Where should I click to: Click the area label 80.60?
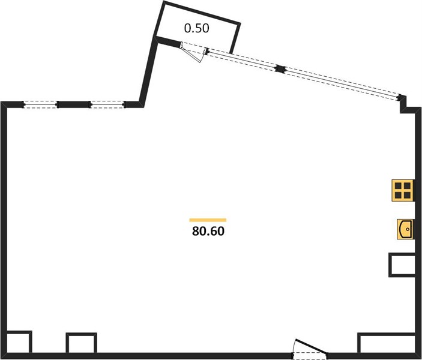[x=208, y=232]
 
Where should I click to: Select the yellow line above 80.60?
[x=208, y=220]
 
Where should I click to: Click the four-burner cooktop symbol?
[x=402, y=190]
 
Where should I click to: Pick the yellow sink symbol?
[x=405, y=229]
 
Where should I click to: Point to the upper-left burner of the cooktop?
[x=398, y=185]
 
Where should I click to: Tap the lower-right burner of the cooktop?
[x=406, y=194]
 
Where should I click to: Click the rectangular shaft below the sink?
[x=402, y=265]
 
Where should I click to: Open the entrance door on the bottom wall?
[x=310, y=350]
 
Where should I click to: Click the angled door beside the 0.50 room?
[x=194, y=52]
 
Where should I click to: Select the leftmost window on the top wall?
[x=40, y=104]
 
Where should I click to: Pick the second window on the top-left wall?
[x=107, y=104]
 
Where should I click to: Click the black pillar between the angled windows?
[x=280, y=68]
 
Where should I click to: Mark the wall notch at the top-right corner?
[x=407, y=105]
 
